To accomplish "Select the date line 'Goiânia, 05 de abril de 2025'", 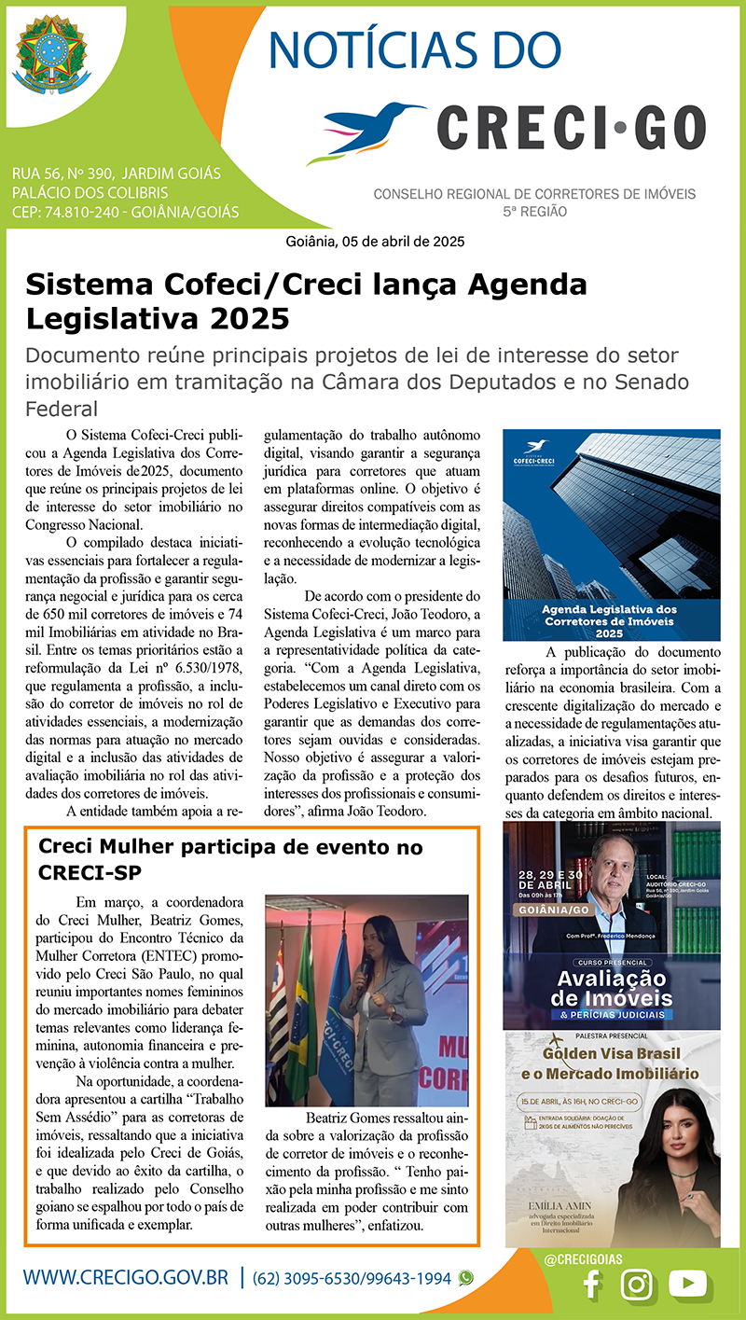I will pos(375,241).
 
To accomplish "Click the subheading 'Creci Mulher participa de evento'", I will pos(230,848).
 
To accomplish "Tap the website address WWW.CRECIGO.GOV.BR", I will pos(125,1278).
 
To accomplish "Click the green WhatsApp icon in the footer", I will pos(465,1278).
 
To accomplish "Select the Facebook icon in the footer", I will pos(590,1285).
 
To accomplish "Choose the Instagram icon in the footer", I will pos(637,1285).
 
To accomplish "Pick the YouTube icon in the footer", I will pos(688,1284).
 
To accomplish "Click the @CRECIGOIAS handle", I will pos(584,1258).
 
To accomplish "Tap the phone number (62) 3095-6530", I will pos(316,1278).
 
